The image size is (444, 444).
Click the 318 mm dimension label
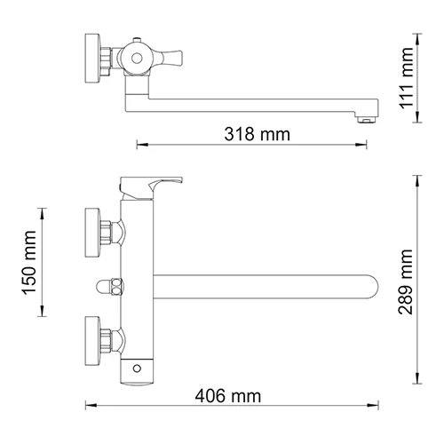pos(258,134)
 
